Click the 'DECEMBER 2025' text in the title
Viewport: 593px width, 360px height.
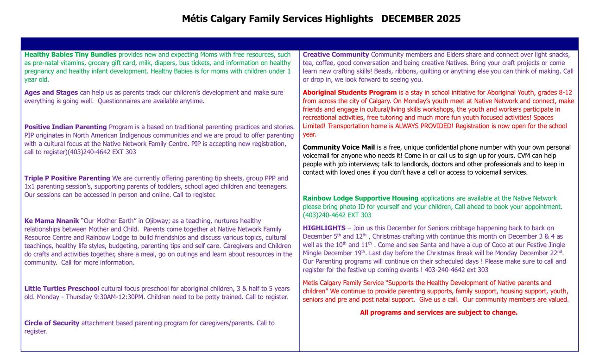(x=421, y=19)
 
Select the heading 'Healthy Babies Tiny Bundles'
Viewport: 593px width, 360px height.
(x=70, y=55)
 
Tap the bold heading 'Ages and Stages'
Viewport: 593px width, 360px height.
(x=51, y=93)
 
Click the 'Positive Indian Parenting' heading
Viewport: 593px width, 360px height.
(x=65, y=127)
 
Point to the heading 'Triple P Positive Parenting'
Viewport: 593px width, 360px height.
(x=67, y=178)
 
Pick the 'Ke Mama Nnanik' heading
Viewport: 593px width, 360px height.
(x=51, y=221)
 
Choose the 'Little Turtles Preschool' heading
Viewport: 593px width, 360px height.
(x=62, y=289)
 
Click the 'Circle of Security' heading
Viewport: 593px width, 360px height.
(x=52, y=323)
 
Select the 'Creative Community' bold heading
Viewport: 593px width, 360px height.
(x=336, y=55)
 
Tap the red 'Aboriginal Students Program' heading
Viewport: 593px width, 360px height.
(x=350, y=93)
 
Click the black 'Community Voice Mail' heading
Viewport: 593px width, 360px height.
(x=339, y=147)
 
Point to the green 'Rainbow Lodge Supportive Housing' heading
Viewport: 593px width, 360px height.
(x=360, y=198)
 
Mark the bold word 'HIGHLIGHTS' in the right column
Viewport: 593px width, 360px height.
(x=324, y=228)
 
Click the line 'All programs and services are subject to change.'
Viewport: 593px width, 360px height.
(x=439, y=313)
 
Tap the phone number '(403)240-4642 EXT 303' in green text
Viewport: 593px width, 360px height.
(x=337, y=215)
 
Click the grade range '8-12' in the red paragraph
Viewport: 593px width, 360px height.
(x=565, y=93)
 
